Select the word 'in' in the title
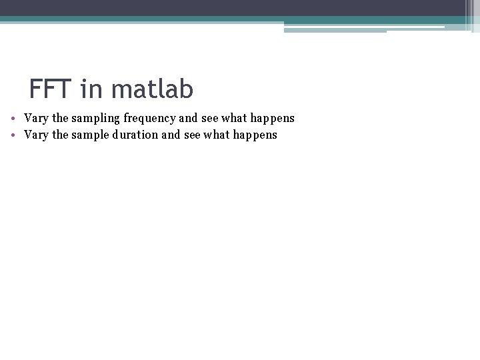[x=91, y=88]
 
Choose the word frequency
[x=150, y=119]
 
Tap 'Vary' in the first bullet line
[x=36, y=118]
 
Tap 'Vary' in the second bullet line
[x=36, y=135]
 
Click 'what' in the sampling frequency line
[x=235, y=118]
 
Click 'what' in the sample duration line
[x=217, y=135]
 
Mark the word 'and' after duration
[x=171, y=135]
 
